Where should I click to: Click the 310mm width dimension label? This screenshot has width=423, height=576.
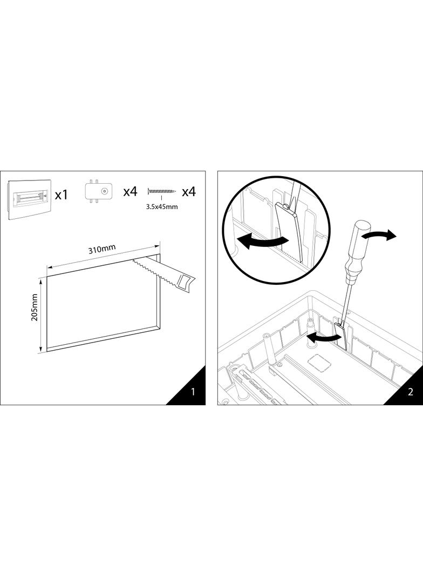101,249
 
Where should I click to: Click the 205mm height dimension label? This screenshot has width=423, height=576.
35,307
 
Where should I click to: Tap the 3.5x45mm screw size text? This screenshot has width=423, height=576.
162,206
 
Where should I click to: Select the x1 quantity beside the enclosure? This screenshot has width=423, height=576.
62,195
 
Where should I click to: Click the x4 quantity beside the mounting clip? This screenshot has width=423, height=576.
130,191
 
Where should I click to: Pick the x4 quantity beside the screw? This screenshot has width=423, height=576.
189,191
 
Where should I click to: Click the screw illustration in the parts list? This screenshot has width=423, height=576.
162,191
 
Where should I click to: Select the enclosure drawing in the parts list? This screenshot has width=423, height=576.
29,199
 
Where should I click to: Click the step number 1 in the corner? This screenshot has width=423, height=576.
193,392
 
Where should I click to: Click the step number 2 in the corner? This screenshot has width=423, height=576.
410,392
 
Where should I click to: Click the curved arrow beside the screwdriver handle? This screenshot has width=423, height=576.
380,236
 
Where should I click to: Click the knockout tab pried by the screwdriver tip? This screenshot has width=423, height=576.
341,335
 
